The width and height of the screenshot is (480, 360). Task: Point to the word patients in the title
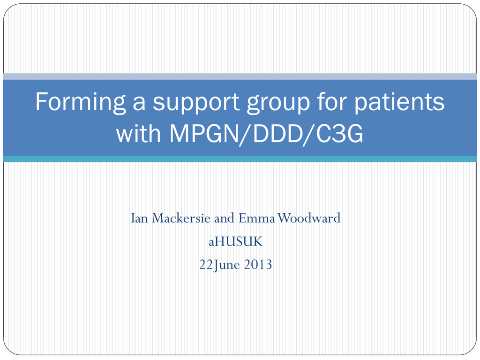click(399, 101)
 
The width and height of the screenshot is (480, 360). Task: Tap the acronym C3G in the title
click(339, 134)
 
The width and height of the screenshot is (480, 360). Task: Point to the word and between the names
click(224, 218)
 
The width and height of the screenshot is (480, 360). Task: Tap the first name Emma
click(257, 218)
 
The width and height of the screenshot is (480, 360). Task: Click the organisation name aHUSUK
click(235, 242)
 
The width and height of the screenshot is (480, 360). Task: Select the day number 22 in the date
click(206, 264)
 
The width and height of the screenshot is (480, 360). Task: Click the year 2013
click(258, 264)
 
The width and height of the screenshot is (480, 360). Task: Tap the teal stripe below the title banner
click(240, 159)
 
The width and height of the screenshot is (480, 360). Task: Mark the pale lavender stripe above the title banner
click(240, 76)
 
